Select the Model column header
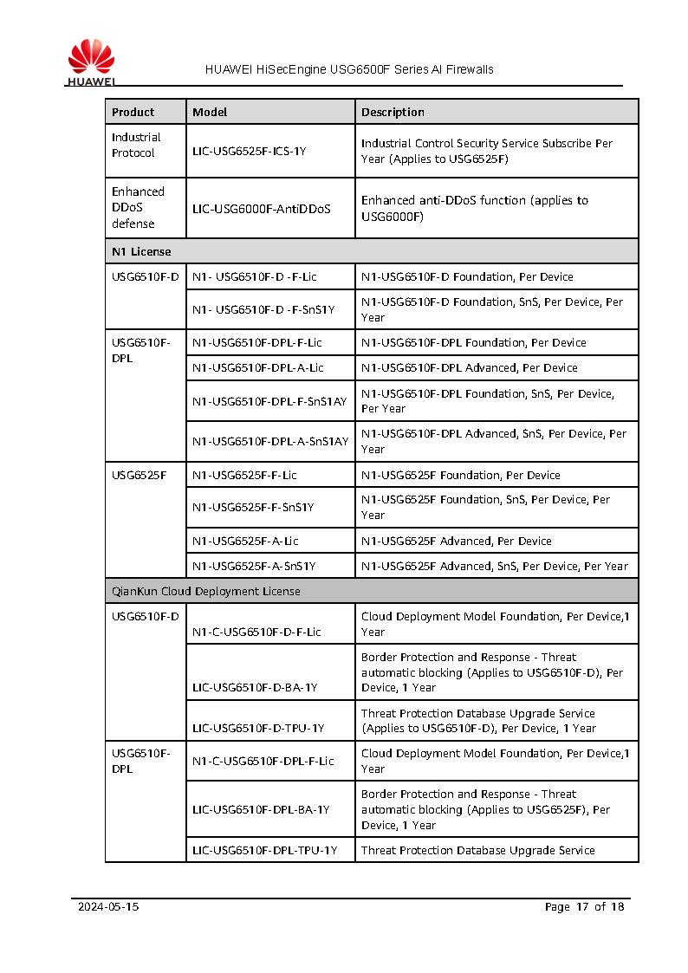pyautogui.click(x=210, y=112)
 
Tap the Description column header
pyautogui.click(x=393, y=112)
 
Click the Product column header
pyautogui.click(x=133, y=112)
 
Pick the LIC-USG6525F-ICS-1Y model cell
pyautogui.click(x=250, y=151)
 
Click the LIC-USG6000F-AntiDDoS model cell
pyautogui.click(x=262, y=208)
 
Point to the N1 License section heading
pyautogui.click(x=141, y=251)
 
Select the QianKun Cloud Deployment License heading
pyautogui.click(x=206, y=591)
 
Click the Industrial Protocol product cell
pyautogui.click(x=136, y=145)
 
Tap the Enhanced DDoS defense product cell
pyautogui.click(x=138, y=207)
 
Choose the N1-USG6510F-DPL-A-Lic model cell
pyautogui.click(x=258, y=367)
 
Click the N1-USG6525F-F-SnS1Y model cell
pyautogui.click(x=253, y=507)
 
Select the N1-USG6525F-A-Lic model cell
pyautogui.click(x=245, y=541)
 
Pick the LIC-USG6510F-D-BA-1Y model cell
pyautogui.click(x=255, y=687)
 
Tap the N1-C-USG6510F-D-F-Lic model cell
pyautogui.click(x=256, y=632)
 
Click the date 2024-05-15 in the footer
pyautogui.click(x=108, y=906)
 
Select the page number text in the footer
pyautogui.click(x=584, y=906)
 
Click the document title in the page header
pyautogui.click(x=349, y=69)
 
